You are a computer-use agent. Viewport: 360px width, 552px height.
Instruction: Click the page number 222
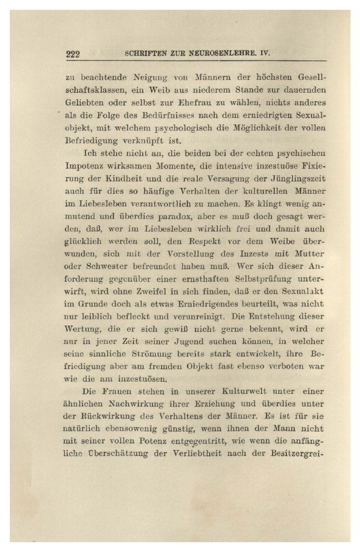coord(73,55)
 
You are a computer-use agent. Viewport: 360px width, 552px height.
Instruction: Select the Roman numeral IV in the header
coord(265,54)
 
